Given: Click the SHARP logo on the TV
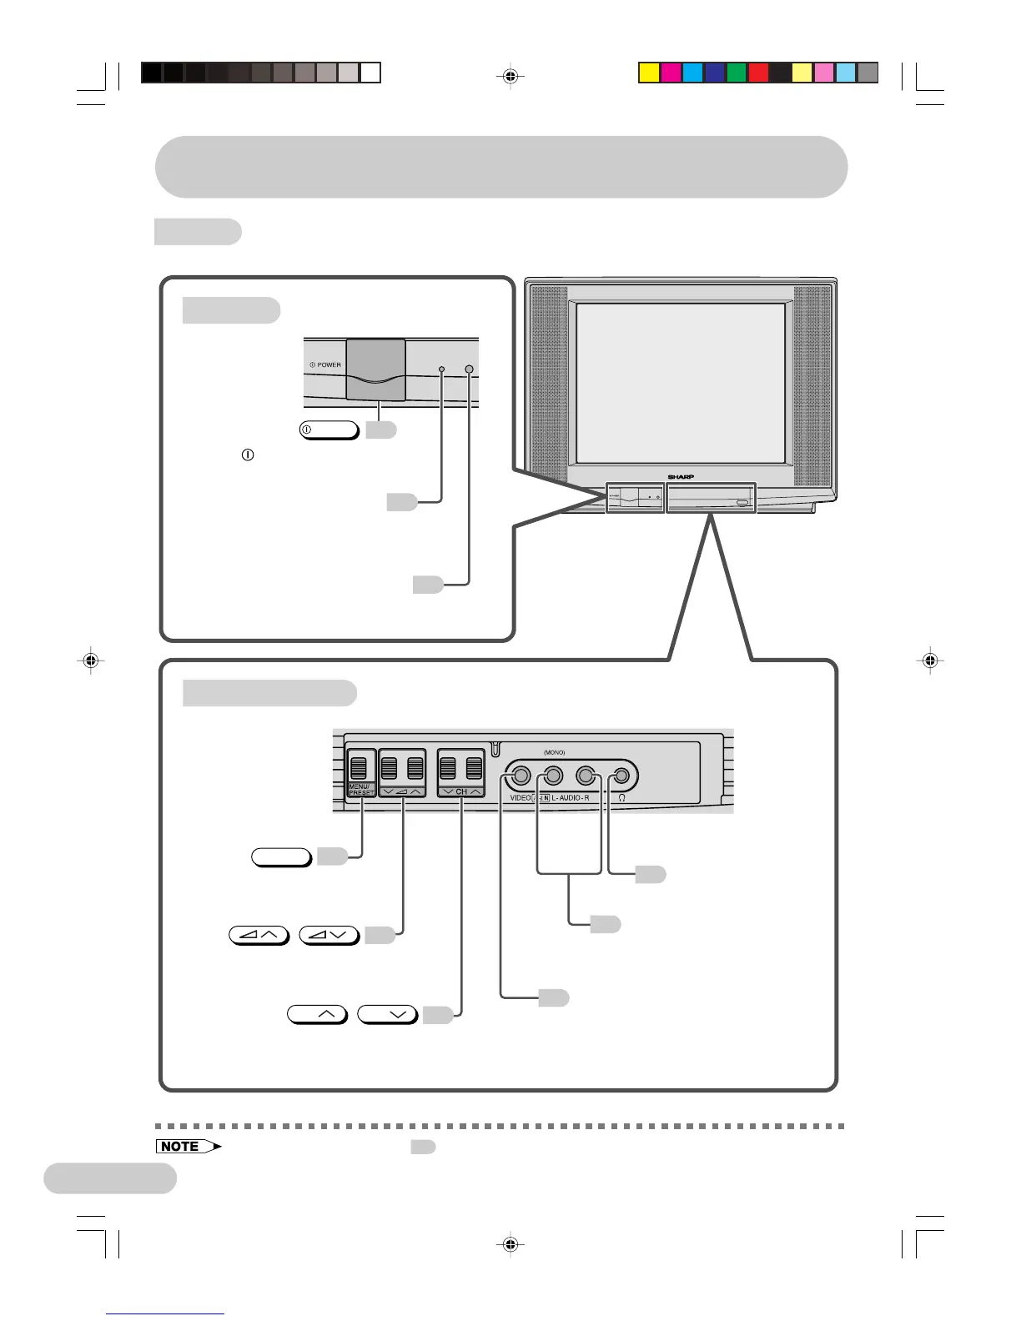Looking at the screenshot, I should coord(681,476).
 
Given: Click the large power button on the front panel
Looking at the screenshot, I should coord(376,369).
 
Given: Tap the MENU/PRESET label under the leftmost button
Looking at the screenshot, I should coord(360,789).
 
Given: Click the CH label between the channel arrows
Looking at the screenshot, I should coord(461,791).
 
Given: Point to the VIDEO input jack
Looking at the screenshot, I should coord(521,776).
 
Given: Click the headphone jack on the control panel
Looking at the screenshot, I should coord(621,776).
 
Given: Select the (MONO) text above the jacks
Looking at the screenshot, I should coord(555,752).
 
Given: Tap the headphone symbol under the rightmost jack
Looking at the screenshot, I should coord(622,798).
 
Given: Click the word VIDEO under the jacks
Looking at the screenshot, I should coord(521,798).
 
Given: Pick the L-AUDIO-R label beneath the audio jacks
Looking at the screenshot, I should coord(571,798).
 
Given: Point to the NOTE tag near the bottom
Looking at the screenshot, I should coord(184,1146).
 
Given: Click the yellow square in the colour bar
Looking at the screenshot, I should coord(649,73).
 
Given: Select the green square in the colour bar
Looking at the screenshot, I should coord(737,73).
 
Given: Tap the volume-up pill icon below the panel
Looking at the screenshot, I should coord(259,935).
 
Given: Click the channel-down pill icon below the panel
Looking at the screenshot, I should coord(387,1015).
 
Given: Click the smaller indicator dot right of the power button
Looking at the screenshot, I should coord(442,369).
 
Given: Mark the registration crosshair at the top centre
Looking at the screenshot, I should coord(510,78).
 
